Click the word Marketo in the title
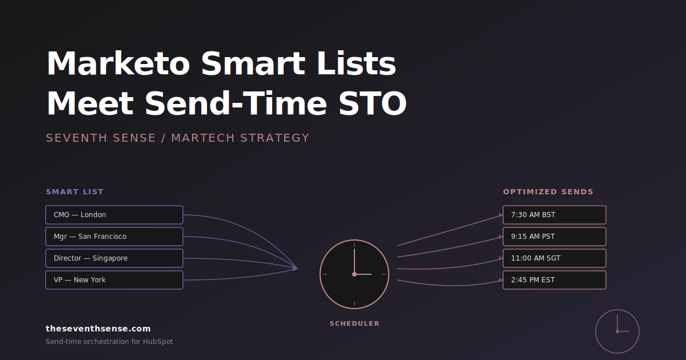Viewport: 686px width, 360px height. point(118,63)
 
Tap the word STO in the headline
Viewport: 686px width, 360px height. point(372,103)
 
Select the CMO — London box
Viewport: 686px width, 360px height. point(114,215)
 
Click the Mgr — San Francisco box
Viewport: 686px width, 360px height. point(114,237)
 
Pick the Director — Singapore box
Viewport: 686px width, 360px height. point(114,258)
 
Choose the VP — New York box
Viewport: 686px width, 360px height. point(114,280)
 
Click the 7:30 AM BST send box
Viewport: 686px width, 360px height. point(555,215)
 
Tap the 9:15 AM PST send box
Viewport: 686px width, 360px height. point(555,237)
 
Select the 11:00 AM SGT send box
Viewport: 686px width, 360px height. point(555,258)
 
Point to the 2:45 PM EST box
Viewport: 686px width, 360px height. point(555,280)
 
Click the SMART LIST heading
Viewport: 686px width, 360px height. point(75,192)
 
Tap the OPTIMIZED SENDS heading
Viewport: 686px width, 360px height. point(548,192)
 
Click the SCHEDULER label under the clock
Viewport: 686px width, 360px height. point(354,323)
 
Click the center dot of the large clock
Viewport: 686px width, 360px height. point(354,274)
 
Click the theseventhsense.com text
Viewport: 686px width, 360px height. point(98,329)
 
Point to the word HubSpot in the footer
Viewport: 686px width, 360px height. point(158,342)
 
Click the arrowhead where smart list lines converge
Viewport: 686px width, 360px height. point(295,269)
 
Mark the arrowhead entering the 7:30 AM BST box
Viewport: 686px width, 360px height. point(501,215)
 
